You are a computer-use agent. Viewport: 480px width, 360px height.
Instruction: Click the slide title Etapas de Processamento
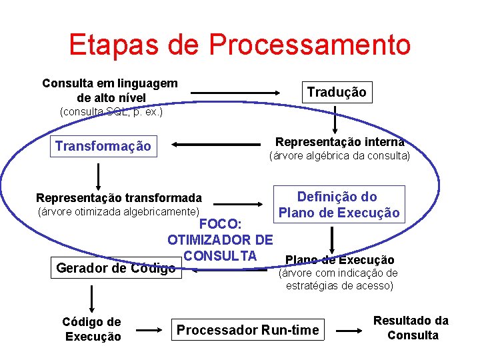pos(239,45)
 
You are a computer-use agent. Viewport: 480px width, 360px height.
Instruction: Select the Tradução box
pos(336,92)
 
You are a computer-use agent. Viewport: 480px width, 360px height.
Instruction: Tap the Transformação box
pos(103,146)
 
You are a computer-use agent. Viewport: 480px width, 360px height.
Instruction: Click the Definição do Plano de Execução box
pos(339,205)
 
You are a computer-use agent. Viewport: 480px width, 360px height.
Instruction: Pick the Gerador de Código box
pos(116,268)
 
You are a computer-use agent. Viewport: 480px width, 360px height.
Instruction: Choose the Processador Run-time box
pos(247,329)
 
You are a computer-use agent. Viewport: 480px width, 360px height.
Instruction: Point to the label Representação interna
pos(339,142)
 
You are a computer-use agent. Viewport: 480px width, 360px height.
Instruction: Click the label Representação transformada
pos(119,198)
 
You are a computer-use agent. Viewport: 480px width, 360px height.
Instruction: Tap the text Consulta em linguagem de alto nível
pos(110,90)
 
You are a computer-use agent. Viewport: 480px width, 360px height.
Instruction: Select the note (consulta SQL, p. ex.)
pos(111,111)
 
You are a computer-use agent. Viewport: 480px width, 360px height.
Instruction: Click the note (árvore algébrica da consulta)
pos(339,157)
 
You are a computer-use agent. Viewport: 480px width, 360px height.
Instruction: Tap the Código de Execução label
pos(93,329)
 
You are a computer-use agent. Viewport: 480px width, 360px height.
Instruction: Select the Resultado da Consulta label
pos(411,328)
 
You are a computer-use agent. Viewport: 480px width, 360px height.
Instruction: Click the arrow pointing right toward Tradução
pos(254,93)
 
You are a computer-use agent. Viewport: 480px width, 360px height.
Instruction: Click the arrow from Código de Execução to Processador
pos(148,329)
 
